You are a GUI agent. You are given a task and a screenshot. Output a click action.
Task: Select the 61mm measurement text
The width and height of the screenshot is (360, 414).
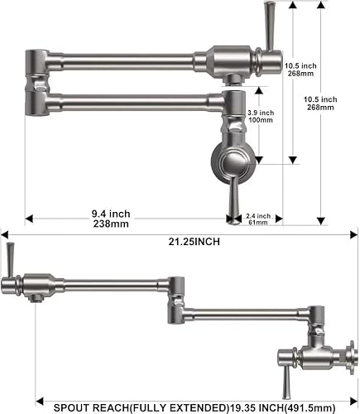click(258, 223)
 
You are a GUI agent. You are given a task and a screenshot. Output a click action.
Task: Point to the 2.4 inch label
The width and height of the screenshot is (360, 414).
click(258, 216)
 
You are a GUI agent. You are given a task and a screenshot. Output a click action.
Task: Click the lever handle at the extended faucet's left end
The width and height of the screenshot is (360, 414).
click(10, 259)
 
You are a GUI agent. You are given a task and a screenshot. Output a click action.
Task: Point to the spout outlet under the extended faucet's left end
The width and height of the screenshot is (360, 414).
click(35, 296)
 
